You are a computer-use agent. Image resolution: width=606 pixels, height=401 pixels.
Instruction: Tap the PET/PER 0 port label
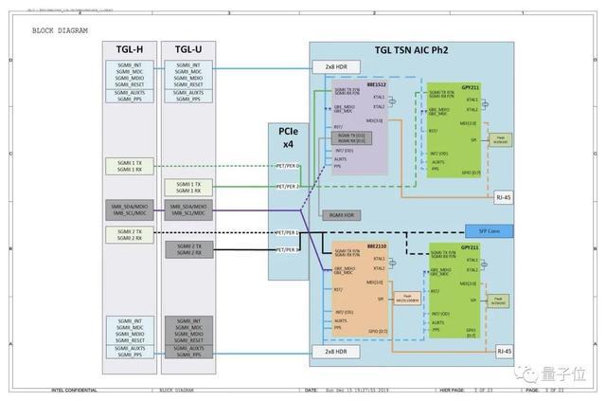[287, 165]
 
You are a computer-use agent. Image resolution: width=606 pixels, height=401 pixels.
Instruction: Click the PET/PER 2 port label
[287, 187]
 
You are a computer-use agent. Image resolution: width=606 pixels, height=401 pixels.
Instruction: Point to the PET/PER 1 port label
[287, 231]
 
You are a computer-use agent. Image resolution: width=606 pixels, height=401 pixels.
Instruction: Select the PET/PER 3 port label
[287, 250]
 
